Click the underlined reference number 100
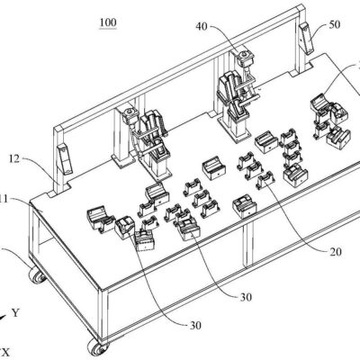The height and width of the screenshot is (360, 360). click(x=108, y=22)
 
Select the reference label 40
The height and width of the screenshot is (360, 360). click(x=202, y=26)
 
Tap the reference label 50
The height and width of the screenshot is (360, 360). click(x=335, y=24)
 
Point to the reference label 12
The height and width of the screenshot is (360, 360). click(x=14, y=158)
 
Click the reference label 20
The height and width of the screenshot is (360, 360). click(x=336, y=252)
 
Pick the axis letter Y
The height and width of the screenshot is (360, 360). click(x=15, y=313)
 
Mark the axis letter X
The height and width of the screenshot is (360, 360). click(x=6, y=352)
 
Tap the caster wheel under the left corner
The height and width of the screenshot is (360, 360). click(x=37, y=275)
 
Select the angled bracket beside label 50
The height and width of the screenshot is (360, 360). click(x=307, y=39)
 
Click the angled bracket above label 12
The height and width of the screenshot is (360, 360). click(x=65, y=159)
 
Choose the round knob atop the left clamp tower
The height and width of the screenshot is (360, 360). click(x=130, y=112)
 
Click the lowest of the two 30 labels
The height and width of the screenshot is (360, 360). click(x=195, y=325)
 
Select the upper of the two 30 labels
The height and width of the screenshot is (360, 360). click(x=246, y=297)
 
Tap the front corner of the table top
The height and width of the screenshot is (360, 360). click(x=103, y=290)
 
